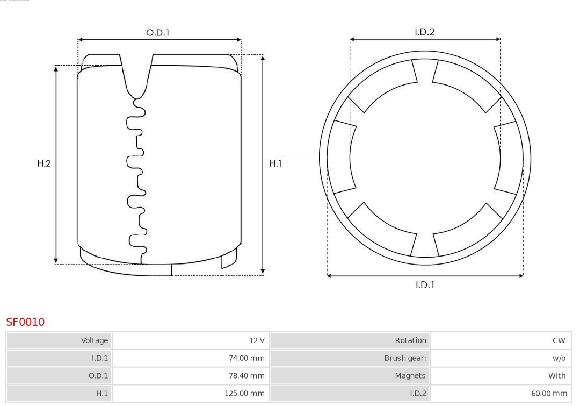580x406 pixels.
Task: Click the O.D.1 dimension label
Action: click(157, 33)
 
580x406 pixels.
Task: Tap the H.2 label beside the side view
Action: click(44, 163)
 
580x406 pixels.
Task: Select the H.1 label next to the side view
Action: click(275, 163)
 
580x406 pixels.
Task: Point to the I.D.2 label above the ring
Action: click(425, 32)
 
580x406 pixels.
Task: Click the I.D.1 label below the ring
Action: click(425, 285)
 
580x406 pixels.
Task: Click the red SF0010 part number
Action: click(25, 322)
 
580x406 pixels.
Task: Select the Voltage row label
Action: click(95, 340)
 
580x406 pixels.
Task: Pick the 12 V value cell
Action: click(257, 340)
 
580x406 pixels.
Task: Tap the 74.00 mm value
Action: click(247, 358)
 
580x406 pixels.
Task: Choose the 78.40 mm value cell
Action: click(247, 376)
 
